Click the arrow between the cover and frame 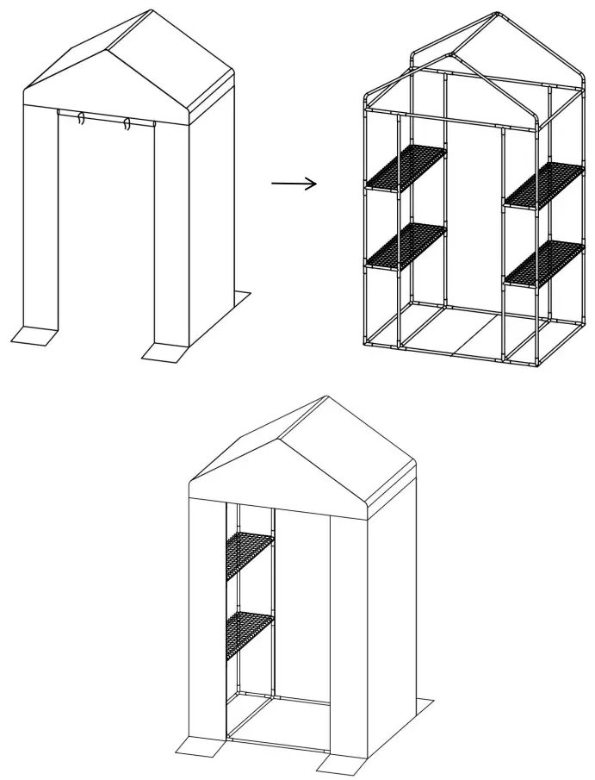(294, 183)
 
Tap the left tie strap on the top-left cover (80, 119)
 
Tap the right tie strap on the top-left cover (127, 123)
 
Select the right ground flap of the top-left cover (164, 351)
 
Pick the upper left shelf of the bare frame (407, 166)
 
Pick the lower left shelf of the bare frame (407, 245)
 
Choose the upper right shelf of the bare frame (544, 184)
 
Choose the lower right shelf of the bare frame (544, 263)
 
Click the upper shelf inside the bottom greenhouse (250, 554)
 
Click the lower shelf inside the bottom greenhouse (250, 633)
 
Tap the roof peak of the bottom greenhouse (326, 398)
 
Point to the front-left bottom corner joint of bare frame (368, 343)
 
